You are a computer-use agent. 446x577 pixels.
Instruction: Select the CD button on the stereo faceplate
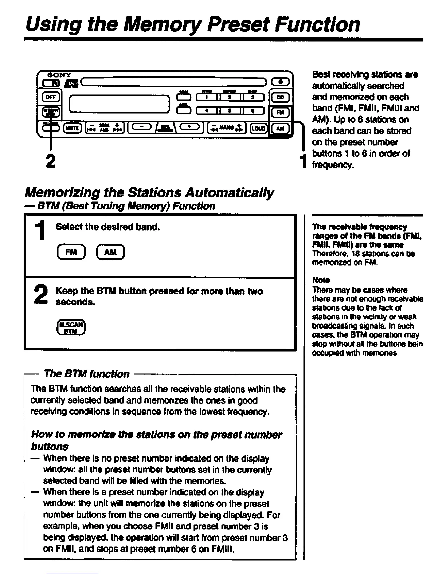(x=280, y=97)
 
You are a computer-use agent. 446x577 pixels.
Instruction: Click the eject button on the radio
(x=280, y=83)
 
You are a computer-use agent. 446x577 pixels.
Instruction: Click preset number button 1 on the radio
(x=206, y=97)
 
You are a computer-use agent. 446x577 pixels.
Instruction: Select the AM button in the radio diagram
(x=280, y=128)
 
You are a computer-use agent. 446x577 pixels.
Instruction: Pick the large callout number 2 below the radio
(x=51, y=161)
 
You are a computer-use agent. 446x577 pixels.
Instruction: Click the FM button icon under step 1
(x=71, y=252)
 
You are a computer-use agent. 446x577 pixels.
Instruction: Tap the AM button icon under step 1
(x=110, y=252)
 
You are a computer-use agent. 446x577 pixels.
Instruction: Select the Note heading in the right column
(x=321, y=280)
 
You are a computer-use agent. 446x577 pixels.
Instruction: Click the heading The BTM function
(x=86, y=374)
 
